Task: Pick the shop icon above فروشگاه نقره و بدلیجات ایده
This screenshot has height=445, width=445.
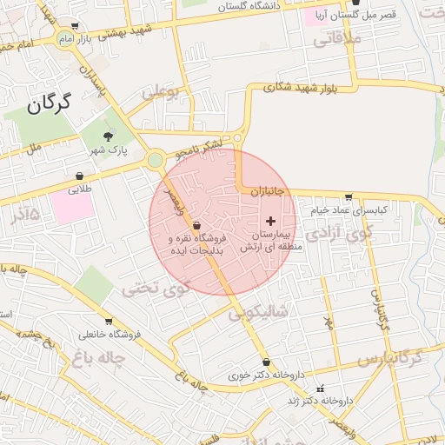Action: coord(196,226)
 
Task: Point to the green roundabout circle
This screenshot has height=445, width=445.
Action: coord(156,160)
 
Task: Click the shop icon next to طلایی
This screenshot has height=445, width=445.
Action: coord(80,176)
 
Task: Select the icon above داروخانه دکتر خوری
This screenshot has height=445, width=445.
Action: coord(266,362)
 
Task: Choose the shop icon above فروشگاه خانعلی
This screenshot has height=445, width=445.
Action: coord(108,322)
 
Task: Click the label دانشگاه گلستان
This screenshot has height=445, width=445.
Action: coord(248,6)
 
